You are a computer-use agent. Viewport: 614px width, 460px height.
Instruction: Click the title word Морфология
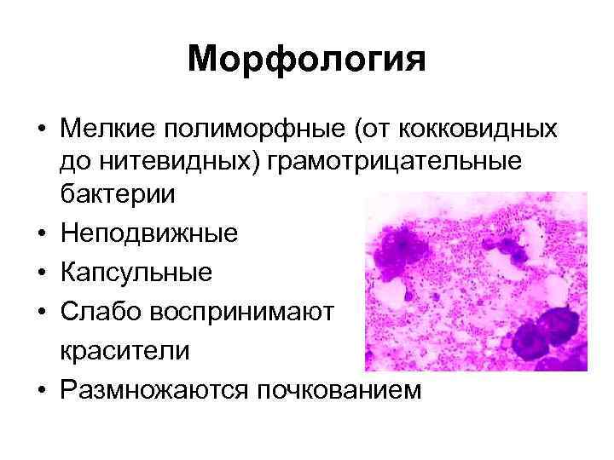click(306, 60)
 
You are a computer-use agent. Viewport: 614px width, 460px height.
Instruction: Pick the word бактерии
click(117, 194)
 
